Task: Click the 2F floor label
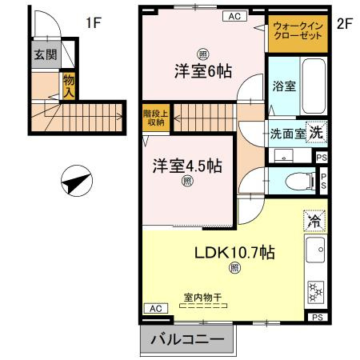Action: point(345,22)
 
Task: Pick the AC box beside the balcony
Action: point(154,308)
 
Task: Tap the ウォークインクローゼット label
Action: point(298,34)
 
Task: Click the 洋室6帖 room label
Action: point(204,70)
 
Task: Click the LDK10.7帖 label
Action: point(236,252)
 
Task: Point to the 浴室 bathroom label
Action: point(284,86)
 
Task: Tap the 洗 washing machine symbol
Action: point(318,132)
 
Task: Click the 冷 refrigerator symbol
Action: point(314,219)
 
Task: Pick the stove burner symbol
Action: point(315,288)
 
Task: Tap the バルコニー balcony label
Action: point(187,340)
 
